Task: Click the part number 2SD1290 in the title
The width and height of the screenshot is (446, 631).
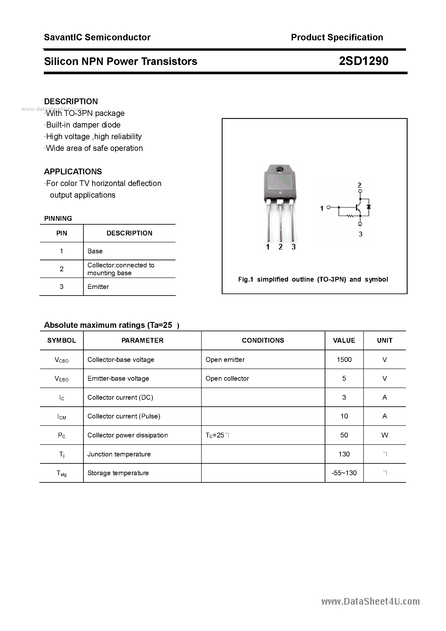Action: (363, 61)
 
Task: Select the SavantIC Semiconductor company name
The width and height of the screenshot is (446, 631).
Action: (97, 37)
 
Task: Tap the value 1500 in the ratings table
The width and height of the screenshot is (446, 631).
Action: (344, 360)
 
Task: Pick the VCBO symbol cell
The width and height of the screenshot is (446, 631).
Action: (61, 360)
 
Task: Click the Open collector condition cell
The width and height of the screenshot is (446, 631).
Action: (227, 379)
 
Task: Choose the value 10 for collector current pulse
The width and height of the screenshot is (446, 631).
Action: (344, 416)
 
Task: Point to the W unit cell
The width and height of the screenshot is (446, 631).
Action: (384, 435)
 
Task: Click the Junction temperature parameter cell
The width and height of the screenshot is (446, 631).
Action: (119, 454)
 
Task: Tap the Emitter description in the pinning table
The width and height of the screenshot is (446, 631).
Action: (98, 287)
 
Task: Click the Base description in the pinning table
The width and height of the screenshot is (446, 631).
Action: (95, 251)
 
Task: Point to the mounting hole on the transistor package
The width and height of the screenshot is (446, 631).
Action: (280, 169)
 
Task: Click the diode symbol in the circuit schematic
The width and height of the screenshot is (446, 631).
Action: (369, 207)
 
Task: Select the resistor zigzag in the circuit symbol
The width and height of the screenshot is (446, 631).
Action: (350, 216)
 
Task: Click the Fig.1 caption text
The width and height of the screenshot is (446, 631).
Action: (313, 279)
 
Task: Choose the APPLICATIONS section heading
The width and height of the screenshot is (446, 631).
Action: (73, 172)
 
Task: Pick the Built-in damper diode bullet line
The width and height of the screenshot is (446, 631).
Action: (83, 125)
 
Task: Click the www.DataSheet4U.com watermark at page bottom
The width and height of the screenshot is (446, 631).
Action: (370, 601)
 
